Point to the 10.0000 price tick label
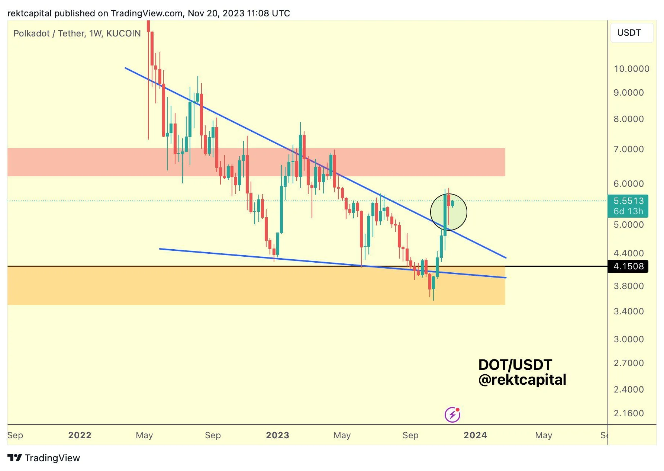pos(631,69)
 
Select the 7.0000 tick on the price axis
pos(628,149)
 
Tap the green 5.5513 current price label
pos(628,201)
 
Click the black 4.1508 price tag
pos(628,266)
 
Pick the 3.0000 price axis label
pos(628,339)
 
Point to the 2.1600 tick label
pos(628,413)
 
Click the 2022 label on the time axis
pos(80,435)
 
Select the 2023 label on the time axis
pos(277,435)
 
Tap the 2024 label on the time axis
pos(475,435)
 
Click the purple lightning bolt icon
pos(452,414)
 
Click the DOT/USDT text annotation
pos(515,365)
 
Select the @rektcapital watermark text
pos(522,380)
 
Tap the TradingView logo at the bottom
pos(44,458)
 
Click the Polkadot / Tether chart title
pos(77,33)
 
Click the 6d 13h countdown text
pos(628,211)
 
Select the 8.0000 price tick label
pos(628,119)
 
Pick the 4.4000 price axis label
pos(628,253)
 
